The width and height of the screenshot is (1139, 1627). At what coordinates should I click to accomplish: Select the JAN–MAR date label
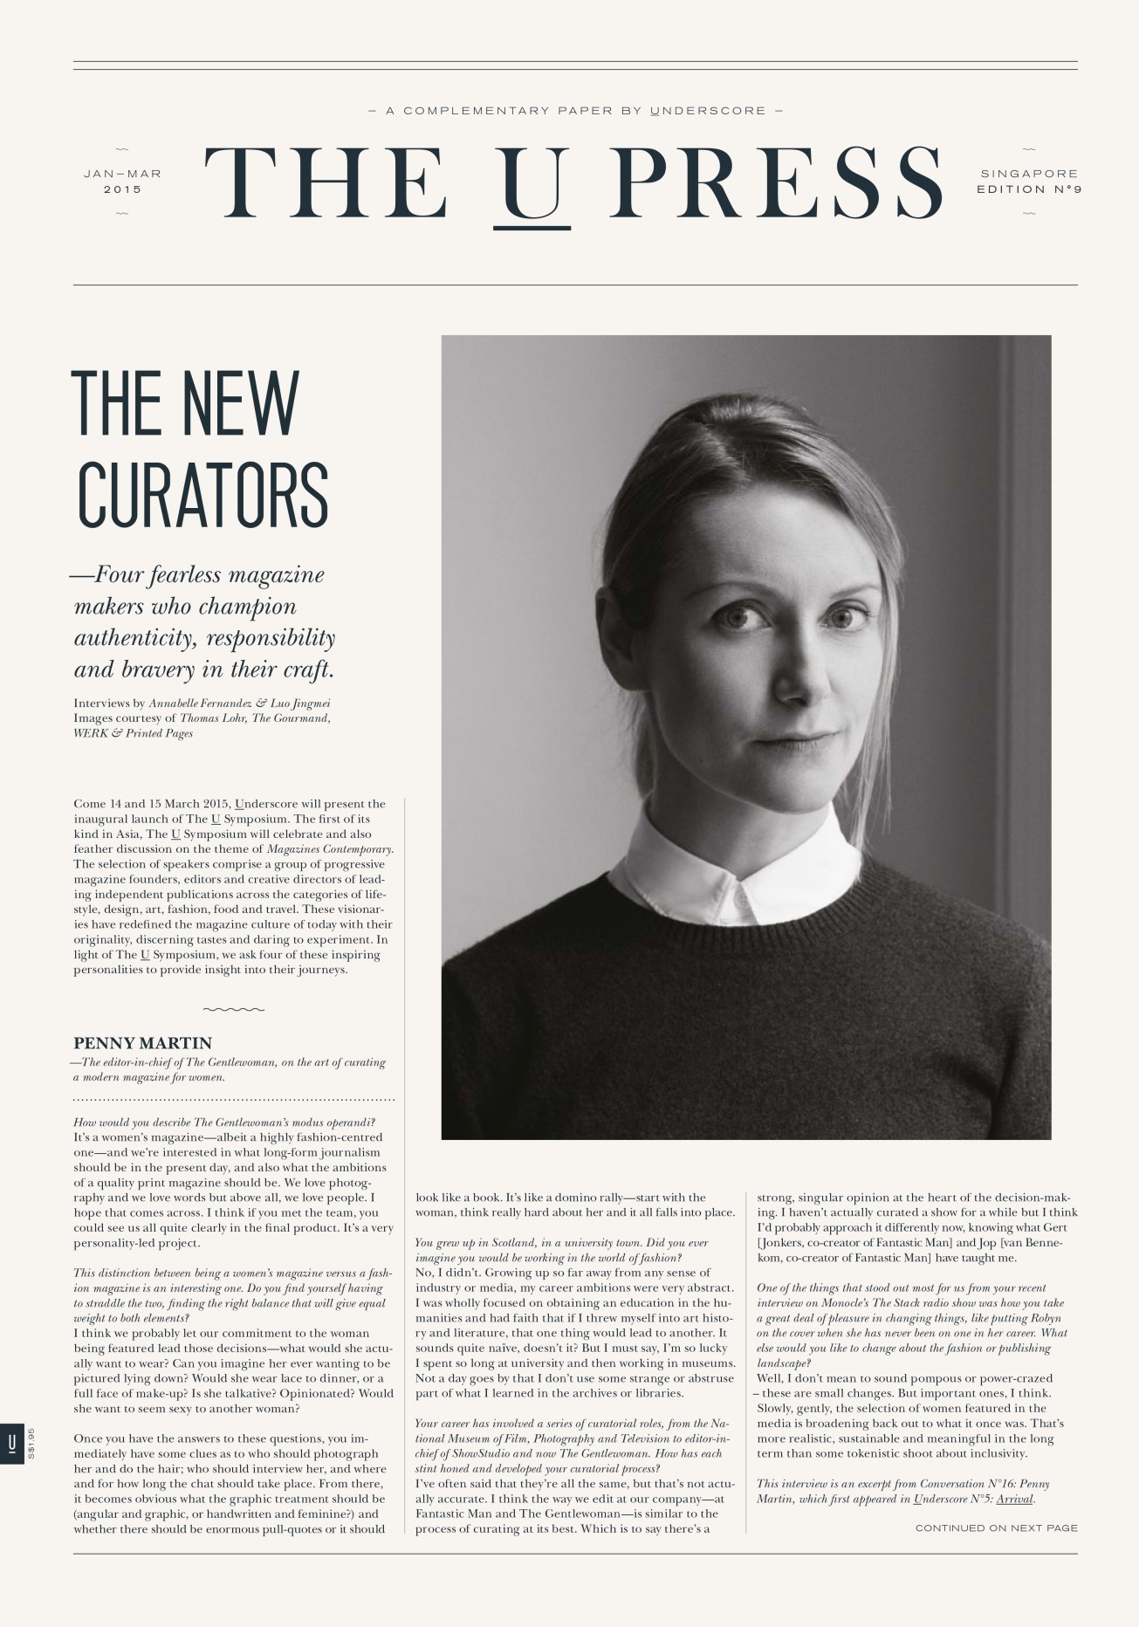tap(123, 174)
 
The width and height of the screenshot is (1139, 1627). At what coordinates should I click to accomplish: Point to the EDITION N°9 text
tap(1029, 189)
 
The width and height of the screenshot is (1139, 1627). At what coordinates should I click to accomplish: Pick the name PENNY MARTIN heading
tap(143, 1043)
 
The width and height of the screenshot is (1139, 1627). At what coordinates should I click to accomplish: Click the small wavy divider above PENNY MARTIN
tap(233, 1009)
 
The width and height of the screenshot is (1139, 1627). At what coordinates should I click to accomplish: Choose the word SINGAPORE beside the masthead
tap(1029, 174)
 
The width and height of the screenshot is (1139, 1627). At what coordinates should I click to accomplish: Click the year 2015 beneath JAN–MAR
tap(122, 189)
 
